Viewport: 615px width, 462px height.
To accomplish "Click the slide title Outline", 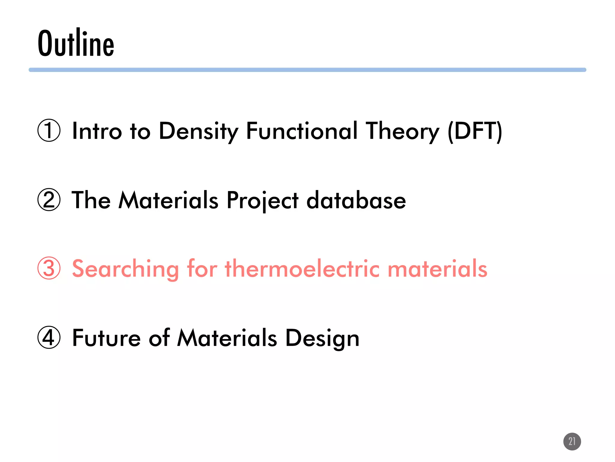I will click(76, 43).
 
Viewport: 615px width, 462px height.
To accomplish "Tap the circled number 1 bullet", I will click(49, 131).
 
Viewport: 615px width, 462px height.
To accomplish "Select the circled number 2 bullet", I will click(49, 200).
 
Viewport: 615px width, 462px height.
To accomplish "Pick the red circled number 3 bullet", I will click(49, 268).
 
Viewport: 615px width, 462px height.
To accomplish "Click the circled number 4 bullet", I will click(49, 337).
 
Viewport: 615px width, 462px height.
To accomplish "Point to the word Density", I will click(198, 131).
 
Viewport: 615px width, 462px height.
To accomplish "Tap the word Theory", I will click(403, 131).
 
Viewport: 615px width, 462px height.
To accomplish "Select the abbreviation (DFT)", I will click(475, 131).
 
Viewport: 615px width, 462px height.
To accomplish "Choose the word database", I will click(356, 200).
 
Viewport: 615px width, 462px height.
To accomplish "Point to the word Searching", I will click(126, 269).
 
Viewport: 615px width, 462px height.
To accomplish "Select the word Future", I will click(106, 338).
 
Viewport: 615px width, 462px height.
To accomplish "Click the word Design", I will click(322, 338).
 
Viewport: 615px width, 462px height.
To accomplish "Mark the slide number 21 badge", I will click(572, 441).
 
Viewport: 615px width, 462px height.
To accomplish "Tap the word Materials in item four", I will click(227, 338).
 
